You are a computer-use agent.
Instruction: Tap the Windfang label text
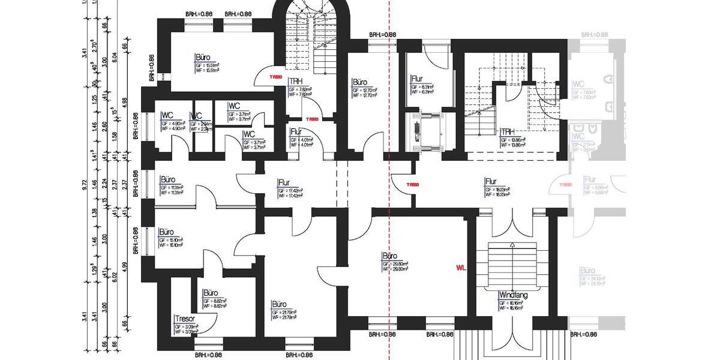tap(512, 295)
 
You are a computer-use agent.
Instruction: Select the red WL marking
tap(461, 266)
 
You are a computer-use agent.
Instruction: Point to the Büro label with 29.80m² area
tap(390, 256)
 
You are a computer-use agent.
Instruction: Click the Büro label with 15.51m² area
tap(203, 58)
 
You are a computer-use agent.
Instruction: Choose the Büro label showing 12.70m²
tap(360, 82)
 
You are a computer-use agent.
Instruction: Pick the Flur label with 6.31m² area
tap(418, 79)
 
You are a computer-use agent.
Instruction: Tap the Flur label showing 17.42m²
tap(285, 182)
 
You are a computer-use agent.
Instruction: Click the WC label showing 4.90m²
tap(167, 115)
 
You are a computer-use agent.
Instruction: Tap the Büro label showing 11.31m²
tap(167, 179)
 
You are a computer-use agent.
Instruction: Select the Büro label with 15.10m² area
tap(166, 232)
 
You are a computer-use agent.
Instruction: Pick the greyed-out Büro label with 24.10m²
tap(589, 271)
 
